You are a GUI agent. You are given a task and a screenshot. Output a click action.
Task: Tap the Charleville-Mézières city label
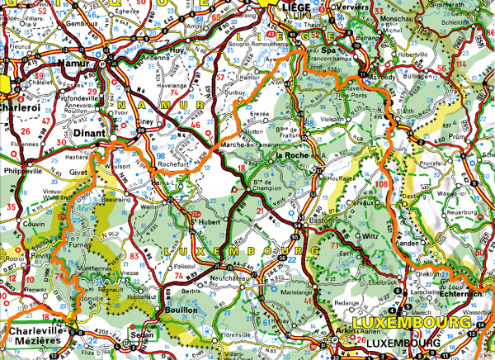[33, 336]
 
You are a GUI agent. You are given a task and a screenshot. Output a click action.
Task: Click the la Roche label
[291, 155]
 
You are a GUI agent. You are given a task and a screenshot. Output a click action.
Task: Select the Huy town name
[176, 49]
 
